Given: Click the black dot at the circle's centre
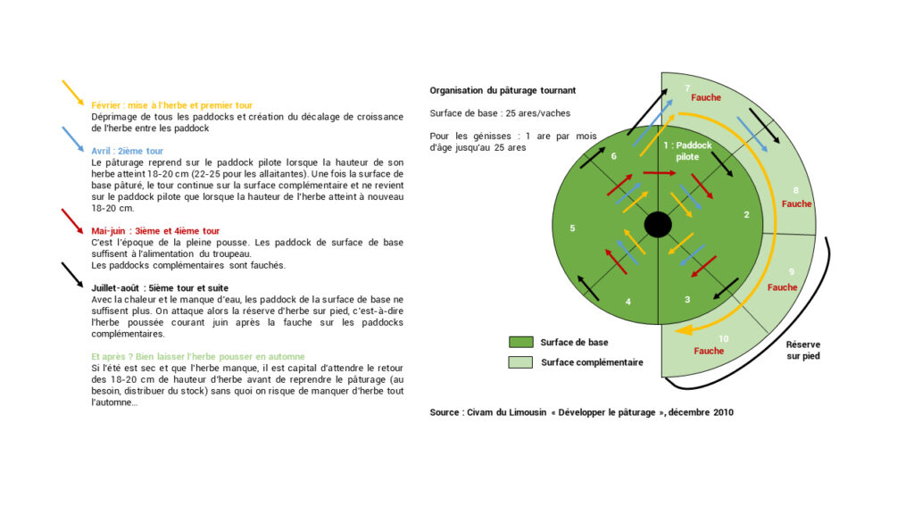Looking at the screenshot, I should click(658, 225).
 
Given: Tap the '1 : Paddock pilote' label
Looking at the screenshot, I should click(687, 150).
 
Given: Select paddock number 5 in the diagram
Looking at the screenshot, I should click(572, 228).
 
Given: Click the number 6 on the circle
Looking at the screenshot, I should click(613, 155).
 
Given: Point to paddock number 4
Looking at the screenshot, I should click(628, 302).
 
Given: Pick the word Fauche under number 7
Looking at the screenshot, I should click(705, 97).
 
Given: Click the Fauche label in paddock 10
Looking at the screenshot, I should click(709, 351).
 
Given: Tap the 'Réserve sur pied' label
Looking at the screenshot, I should click(803, 350).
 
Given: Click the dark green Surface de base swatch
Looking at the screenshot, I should click(520, 342).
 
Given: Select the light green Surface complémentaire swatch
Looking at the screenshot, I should click(520, 362).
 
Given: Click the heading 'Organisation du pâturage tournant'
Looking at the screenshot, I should click(503, 90).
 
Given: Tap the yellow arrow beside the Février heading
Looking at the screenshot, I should click(73, 93).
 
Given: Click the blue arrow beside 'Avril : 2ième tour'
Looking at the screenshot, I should click(73, 139).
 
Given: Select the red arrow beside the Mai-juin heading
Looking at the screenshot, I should click(73, 220).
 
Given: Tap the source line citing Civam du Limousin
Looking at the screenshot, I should click(581, 412).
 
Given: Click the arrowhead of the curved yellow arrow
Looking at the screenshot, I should click(681, 330).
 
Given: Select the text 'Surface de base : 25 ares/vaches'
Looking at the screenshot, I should click(500, 113).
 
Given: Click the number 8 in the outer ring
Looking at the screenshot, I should click(796, 191).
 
